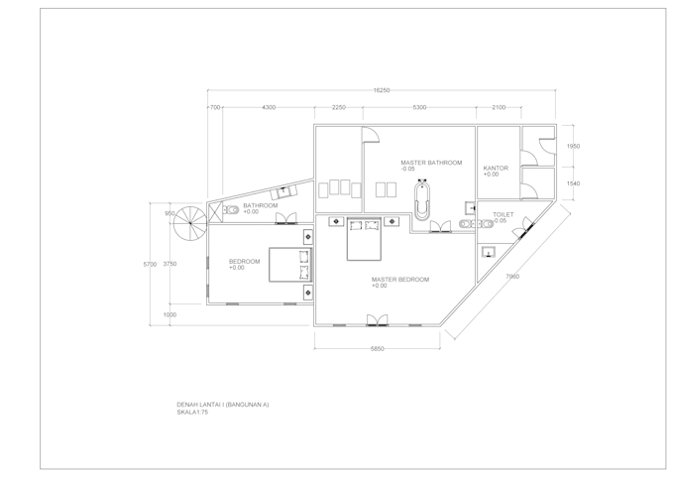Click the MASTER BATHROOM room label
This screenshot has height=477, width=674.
coord(431,163)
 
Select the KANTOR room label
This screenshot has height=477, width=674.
coord(496,168)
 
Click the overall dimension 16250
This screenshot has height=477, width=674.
coord(382,90)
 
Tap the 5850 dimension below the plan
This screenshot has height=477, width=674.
coord(372,348)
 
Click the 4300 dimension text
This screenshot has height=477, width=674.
coord(268,107)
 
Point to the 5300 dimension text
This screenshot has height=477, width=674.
coord(419,107)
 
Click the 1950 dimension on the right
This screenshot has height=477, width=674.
coord(572,146)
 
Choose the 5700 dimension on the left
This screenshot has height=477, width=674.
coord(150,264)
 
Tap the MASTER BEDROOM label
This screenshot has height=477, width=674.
coord(399,280)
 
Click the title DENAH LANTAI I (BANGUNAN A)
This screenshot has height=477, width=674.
coord(222,406)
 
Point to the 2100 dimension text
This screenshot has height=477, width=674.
coord(498,107)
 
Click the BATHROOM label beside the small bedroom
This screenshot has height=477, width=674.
coord(260,205)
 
